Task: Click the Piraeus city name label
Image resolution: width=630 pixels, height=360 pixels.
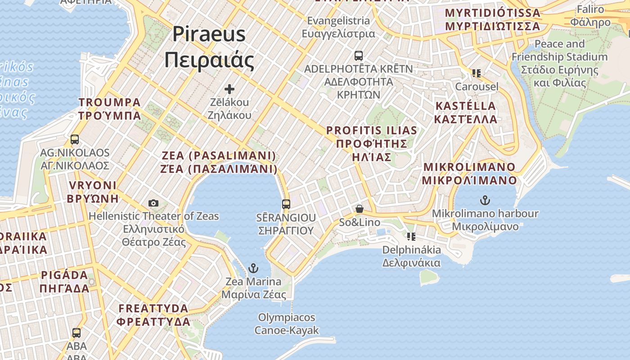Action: [x=209, y=47]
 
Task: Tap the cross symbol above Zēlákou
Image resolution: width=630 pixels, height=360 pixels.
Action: [x=229, y=89]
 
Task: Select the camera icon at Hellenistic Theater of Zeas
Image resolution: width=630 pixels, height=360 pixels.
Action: [x=153, y=203]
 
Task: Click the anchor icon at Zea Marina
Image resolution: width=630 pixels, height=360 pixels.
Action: [x=254, y=269]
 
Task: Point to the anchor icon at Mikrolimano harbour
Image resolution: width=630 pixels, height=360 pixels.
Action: [x=485, y=200]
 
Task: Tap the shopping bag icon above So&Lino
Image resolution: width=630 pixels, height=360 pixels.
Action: [x=359, y=209]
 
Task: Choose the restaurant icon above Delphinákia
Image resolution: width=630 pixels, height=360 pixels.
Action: [x=411, y=236]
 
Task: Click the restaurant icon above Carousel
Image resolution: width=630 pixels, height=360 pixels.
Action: [x=477, y=73]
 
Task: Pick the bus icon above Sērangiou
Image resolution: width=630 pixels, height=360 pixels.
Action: [x=286, y=204]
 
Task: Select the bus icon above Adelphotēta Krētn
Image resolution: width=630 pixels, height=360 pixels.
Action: [x=358, y=56]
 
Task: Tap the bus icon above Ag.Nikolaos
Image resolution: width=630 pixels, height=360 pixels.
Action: [x=75, y=139]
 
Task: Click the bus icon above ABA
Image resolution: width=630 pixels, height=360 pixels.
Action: [x=76, y=333]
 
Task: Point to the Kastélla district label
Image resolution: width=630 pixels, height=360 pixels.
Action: [x=466, y=112]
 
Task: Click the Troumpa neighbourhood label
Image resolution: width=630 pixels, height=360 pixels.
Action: [x=110, y=109]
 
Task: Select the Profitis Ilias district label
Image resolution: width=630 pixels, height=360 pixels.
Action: [x=372, y=144]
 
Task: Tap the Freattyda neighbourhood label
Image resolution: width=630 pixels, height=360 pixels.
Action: [x=153, y=315]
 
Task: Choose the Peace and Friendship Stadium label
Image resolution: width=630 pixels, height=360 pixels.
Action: [x=559, y=63]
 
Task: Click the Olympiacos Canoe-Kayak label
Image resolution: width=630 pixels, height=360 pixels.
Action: [x=287, y=324]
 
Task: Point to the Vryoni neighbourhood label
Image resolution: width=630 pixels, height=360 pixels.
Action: [x=93, y=192]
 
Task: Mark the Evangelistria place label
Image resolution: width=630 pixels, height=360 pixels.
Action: [x=338, y=27]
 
